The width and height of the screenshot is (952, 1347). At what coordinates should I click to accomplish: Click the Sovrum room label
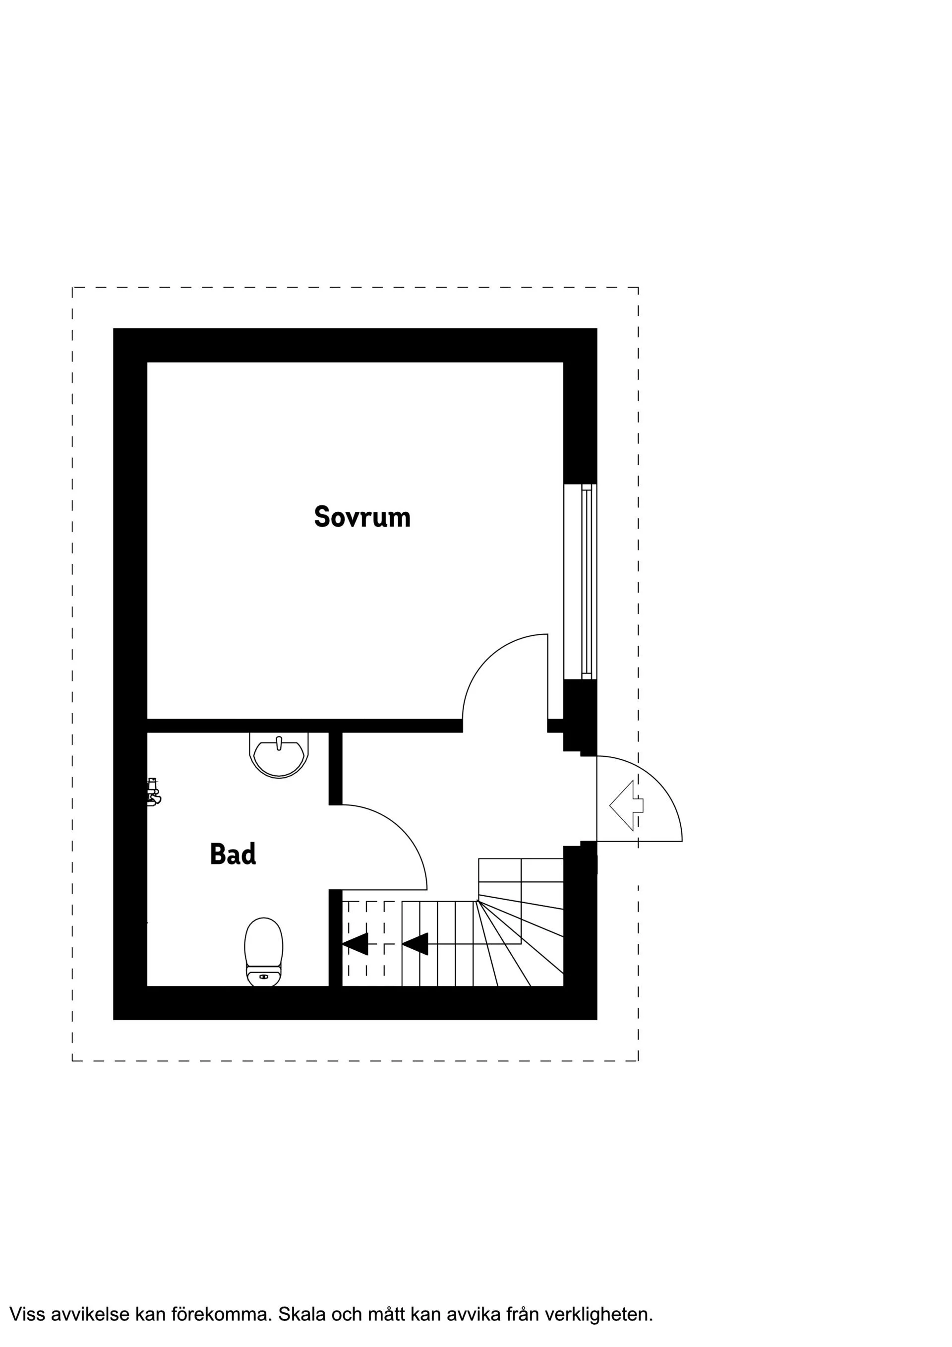[362, 517]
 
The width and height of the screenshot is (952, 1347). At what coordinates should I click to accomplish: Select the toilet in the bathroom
[263, 952]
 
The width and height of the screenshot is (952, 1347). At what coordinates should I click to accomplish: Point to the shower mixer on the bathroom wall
[153, 792]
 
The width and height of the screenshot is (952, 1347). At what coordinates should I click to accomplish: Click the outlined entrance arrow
[626, 805]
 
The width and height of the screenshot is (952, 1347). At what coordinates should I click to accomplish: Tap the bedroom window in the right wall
[581, 581]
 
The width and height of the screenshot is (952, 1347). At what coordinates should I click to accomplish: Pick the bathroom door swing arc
[399, 833]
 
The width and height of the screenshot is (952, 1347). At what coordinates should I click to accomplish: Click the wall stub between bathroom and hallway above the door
[335, 769]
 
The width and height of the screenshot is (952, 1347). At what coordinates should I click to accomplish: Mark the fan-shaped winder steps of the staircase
[522, 939]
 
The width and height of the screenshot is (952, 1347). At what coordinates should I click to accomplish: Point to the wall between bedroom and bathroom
[293, 726]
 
